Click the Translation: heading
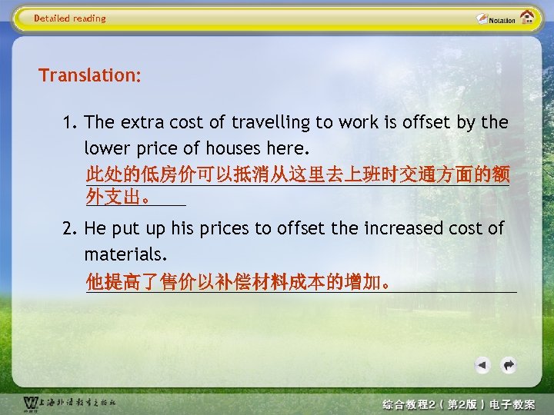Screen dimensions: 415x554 click(90, 75)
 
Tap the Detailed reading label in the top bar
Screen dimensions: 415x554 click(70, 18)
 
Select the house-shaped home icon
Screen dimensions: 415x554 click(528, 17)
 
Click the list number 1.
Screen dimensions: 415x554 click(71, 122)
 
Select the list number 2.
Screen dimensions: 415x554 click(71, 228)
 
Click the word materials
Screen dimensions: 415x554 click(125, 253)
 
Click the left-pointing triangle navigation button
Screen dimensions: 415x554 click(482, 364)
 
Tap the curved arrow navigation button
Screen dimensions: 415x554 click(509, 364)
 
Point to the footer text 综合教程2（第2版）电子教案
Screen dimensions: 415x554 click(458, 404)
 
